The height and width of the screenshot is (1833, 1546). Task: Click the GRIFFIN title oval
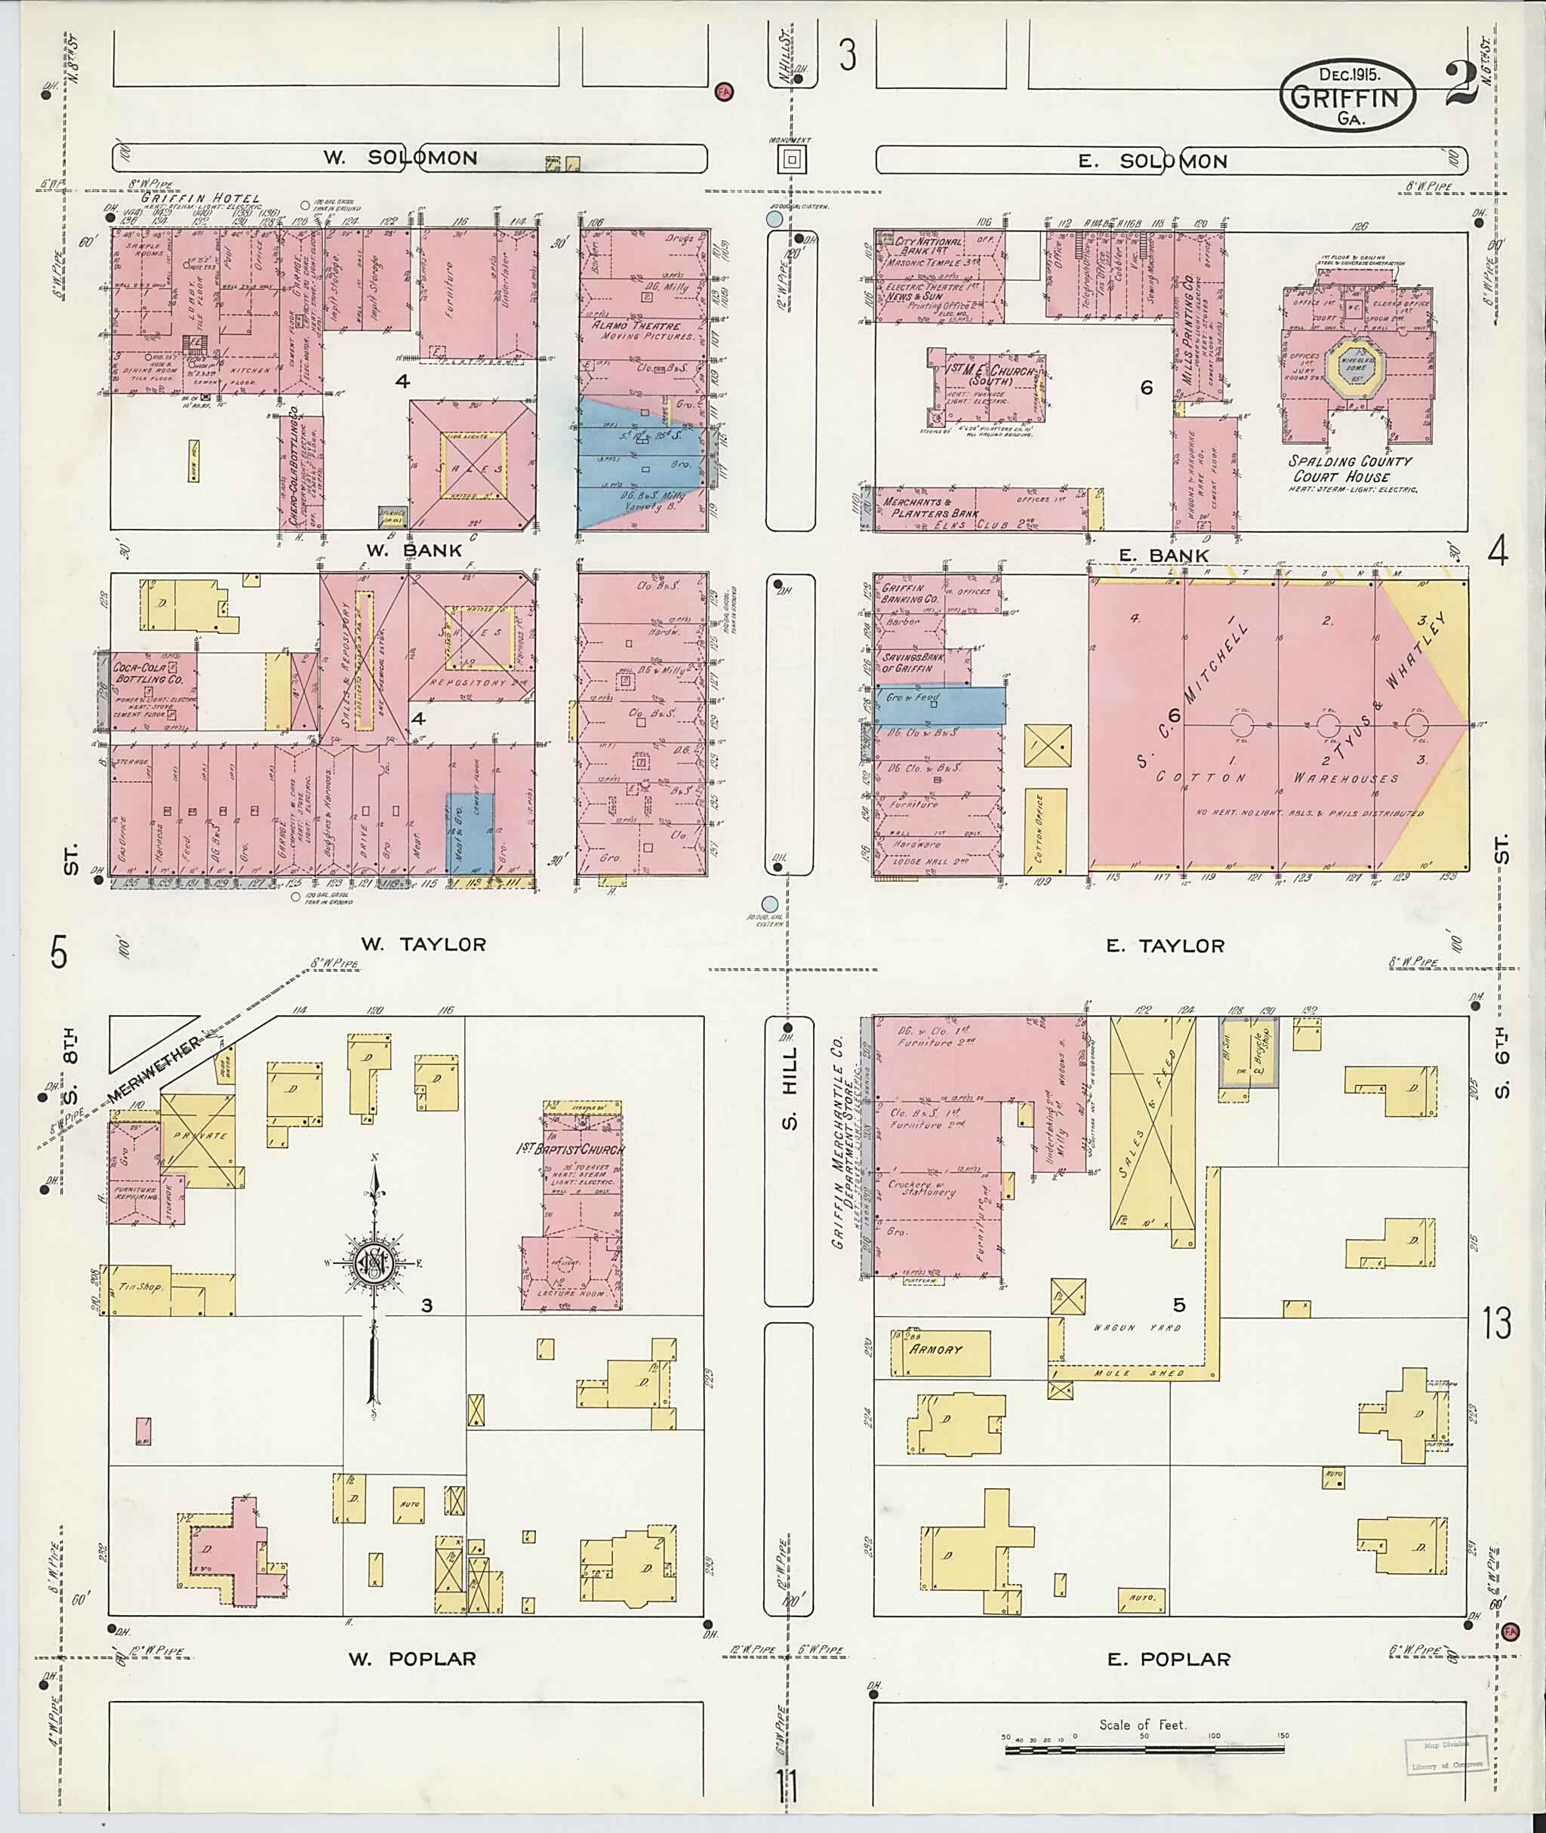[x=1347, y=97]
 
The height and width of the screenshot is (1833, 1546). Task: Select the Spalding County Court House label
[x=1350, y=469]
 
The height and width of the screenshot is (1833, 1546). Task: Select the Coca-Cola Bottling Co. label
[x=147, y=673]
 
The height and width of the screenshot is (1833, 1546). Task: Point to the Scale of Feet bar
[x=1149, y=1750]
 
